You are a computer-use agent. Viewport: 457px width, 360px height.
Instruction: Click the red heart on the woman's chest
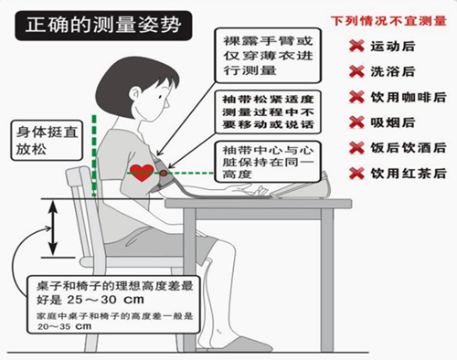[x=142, y=171]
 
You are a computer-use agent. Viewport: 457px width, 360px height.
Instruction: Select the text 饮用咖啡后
[x=407, y=96]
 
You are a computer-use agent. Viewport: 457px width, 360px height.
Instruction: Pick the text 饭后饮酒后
[x=407, y=146]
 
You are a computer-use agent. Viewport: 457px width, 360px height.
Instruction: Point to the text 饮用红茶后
[x=407, y=171]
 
